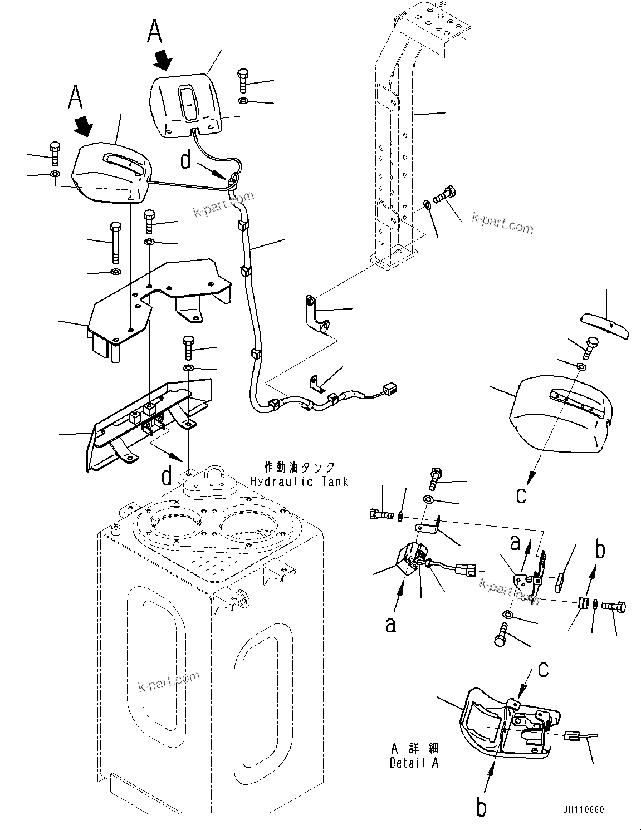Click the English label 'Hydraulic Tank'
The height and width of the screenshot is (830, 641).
point(299,481)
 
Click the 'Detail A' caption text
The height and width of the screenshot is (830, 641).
point(414,763)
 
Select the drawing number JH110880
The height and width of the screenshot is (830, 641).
point(582,809)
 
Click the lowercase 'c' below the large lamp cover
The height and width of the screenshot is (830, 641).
point(521,494)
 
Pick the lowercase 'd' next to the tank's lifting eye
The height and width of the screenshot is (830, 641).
point(167,476)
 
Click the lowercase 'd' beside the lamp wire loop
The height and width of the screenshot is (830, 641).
point(186,160)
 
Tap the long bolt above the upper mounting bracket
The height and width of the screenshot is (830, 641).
point(115,243)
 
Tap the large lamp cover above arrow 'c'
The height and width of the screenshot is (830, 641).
point(557,412)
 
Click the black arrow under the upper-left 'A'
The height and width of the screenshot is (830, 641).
point(83,125)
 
